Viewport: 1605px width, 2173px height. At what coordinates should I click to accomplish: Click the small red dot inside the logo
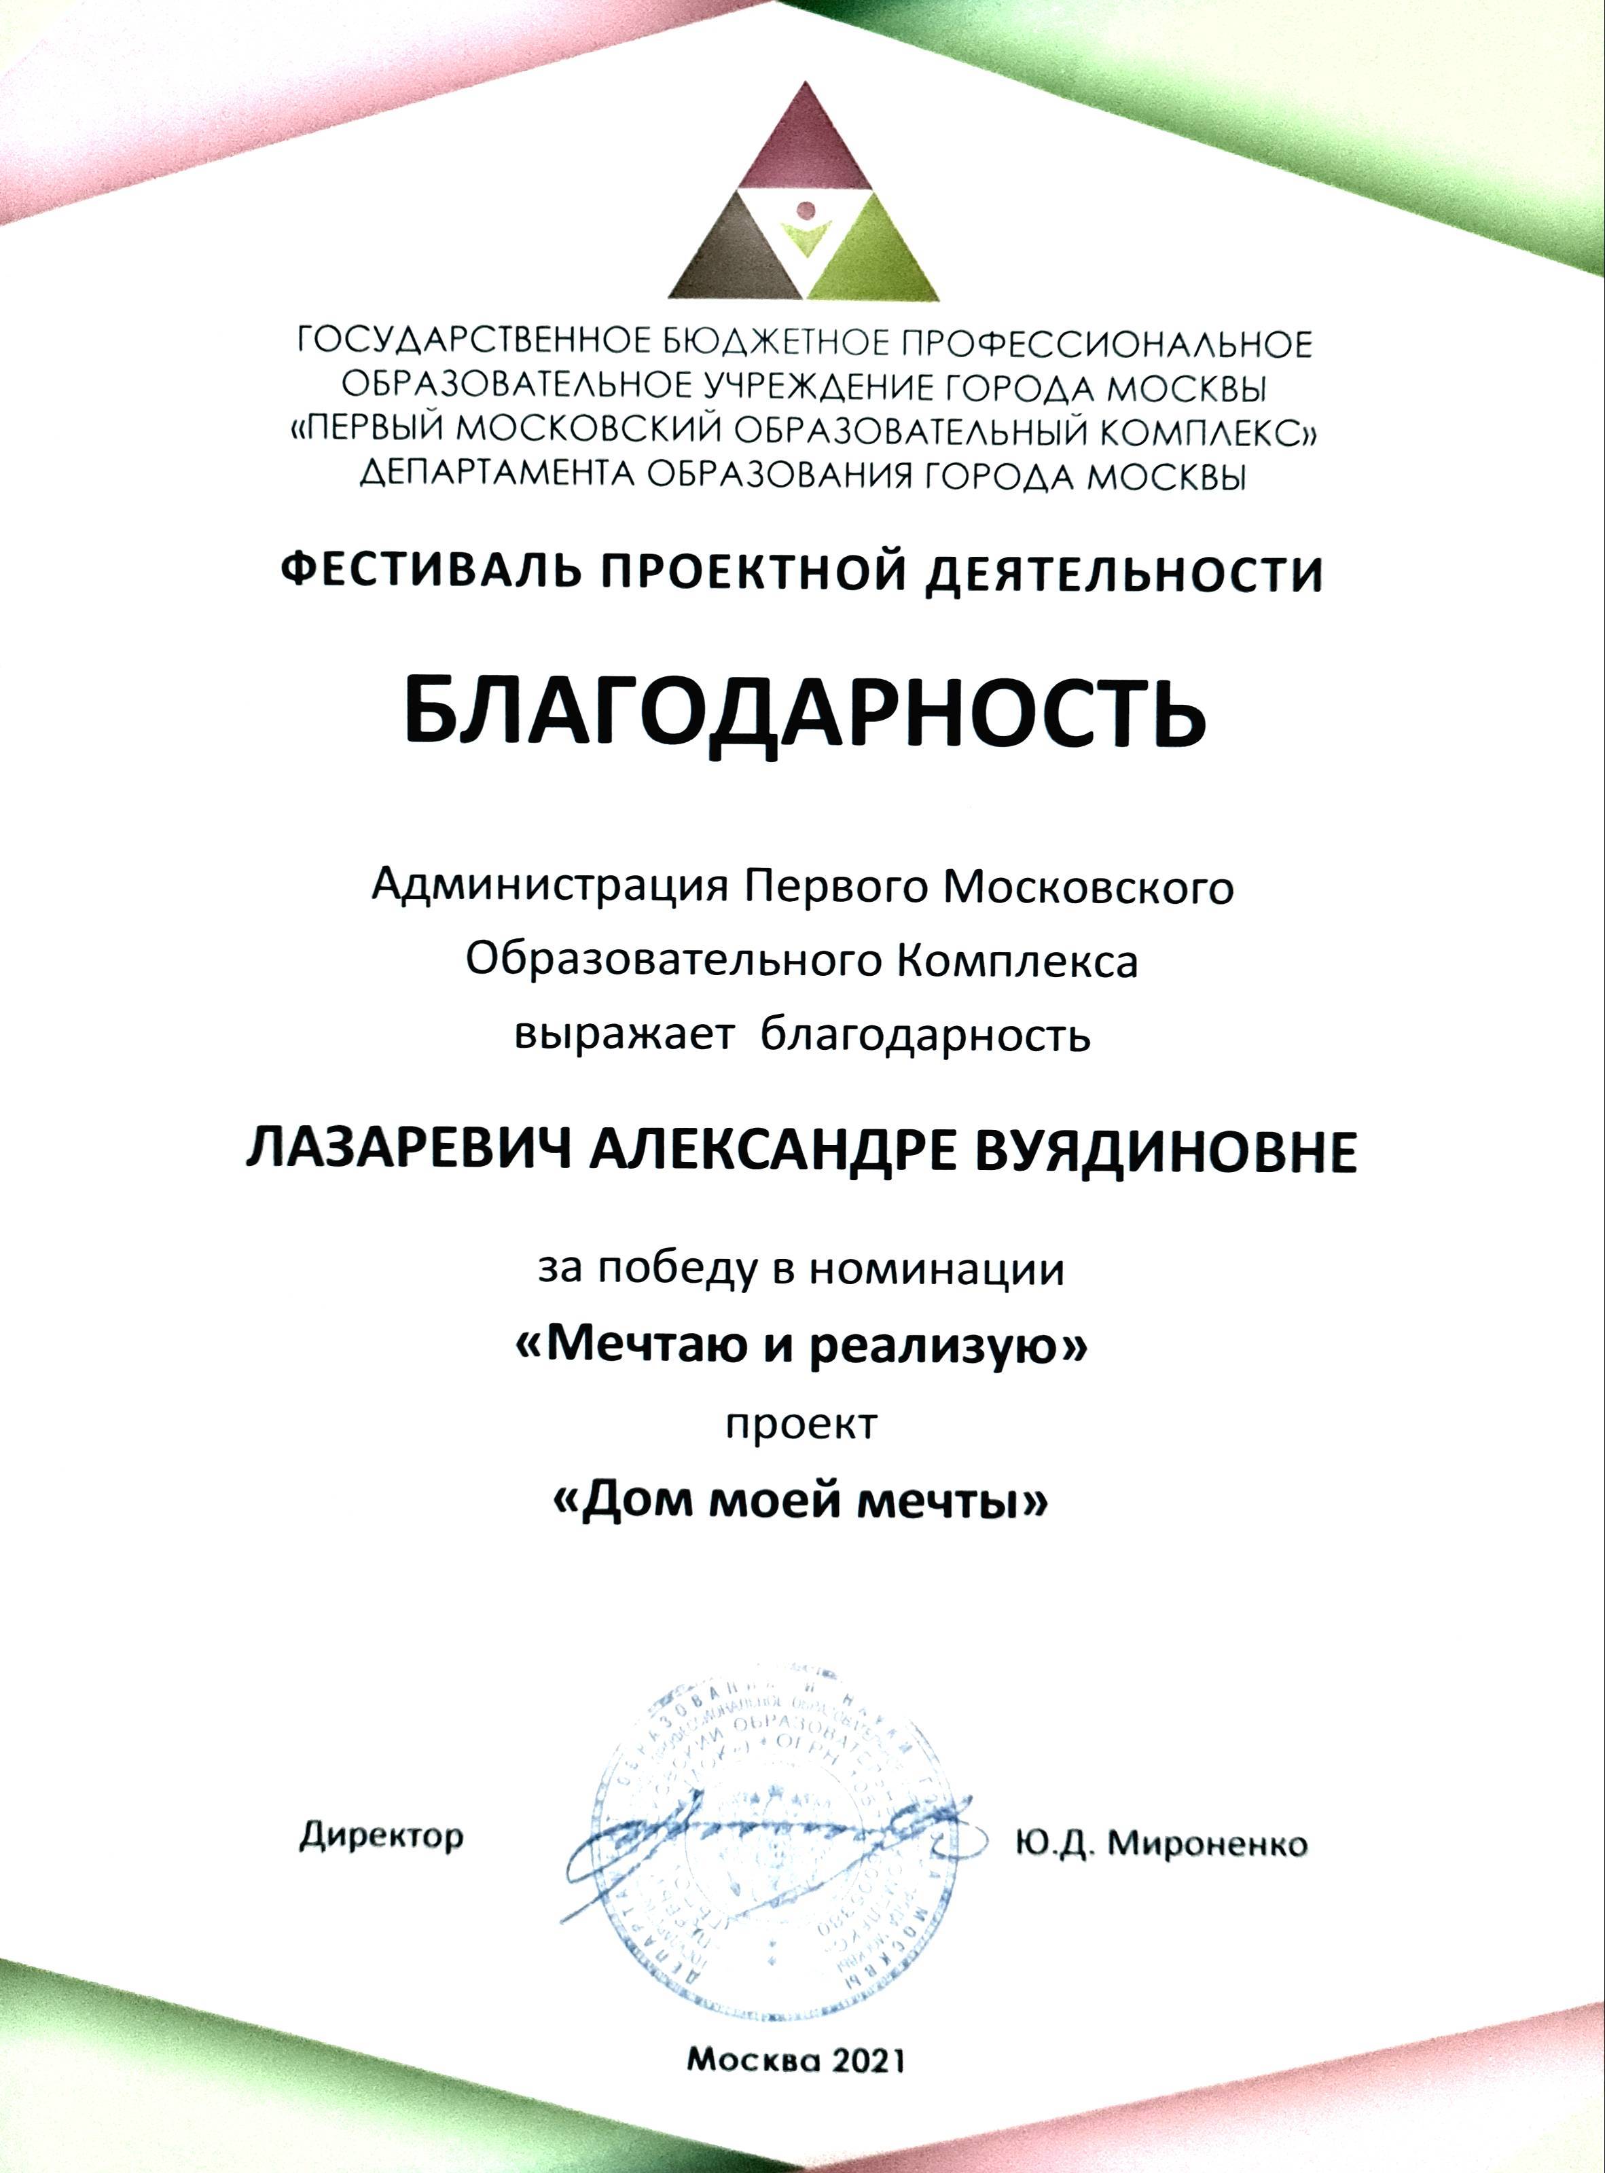(804, 208)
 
